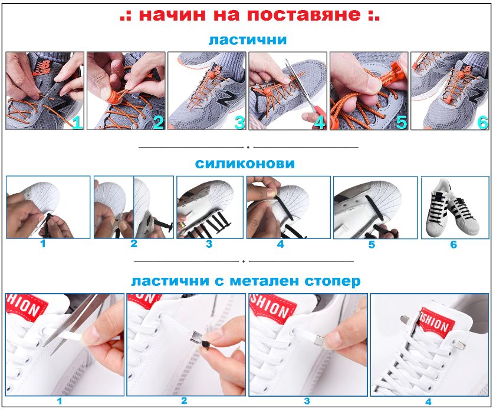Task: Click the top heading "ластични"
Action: [248, 40]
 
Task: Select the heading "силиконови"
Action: [245, 164]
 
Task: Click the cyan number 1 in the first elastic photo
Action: [77, 122]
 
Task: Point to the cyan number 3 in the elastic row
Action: [239, 122]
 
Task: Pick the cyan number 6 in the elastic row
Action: [482, 122]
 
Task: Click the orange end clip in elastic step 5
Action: [392, 74]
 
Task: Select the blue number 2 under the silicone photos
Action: [134, 244]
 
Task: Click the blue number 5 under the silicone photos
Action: [372, 244]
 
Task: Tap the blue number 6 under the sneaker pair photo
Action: [453, 244]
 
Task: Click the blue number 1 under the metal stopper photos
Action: [60, 401]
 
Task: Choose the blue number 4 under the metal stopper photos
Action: [428, 401]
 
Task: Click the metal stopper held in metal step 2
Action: [195, 340]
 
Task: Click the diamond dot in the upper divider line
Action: [248, 147]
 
